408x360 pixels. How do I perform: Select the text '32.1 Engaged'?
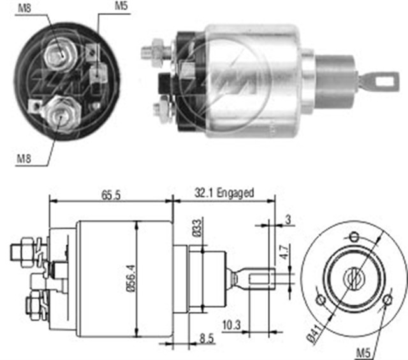224,192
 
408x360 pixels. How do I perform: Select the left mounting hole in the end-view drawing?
321,299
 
